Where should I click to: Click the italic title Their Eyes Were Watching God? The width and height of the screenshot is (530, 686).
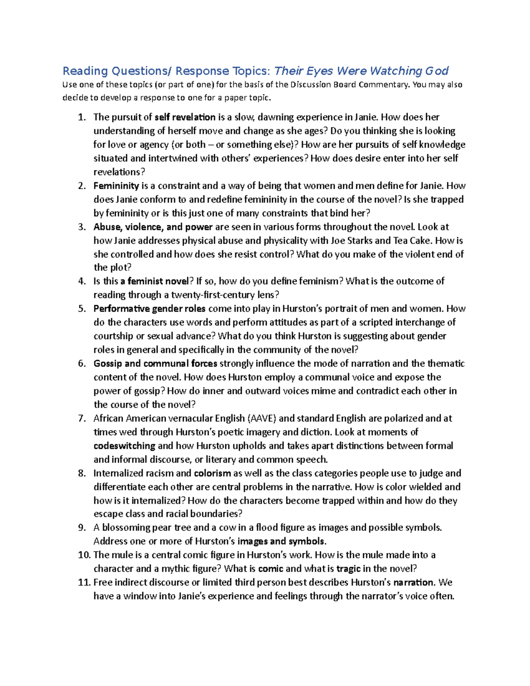click(x=361, y=71)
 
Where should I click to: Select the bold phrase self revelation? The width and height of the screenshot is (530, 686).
click(x=185, y=117)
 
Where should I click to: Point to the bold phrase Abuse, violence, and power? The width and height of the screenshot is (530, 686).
click(x=153, y=227)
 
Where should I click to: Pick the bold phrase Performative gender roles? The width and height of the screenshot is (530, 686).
click(x=150, y=309)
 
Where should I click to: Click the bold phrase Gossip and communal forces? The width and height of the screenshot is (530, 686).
click(x=155, y=364)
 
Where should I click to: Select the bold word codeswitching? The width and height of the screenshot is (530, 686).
click(x=125, y=446)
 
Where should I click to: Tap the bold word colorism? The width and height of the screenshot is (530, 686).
click(x=212, y=474)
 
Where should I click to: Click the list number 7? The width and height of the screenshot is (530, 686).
click(x=81, y=418)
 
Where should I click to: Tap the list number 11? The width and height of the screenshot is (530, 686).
click(x=84, y=583)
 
